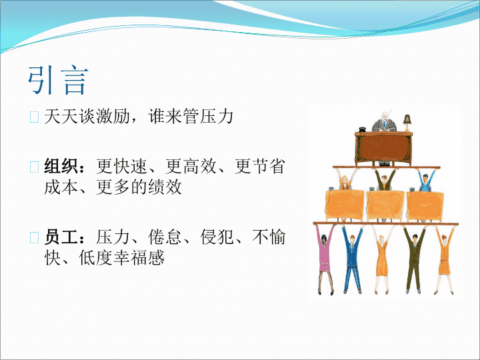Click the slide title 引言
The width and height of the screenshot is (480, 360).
[x=58, y=80]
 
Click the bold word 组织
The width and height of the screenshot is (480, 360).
[x=61, y=166]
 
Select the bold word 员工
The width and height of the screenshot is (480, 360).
[x=61, y=237]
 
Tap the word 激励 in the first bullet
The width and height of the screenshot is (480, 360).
[x=113, y=116]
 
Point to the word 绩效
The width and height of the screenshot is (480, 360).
[x=165, y=187]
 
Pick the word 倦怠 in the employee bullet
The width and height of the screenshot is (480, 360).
[x=165, y=237]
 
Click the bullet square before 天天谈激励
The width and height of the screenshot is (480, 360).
[x=34, y=117]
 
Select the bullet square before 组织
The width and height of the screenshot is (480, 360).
[x=34, y=167]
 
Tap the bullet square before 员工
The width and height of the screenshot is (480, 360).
[x=34, y=237]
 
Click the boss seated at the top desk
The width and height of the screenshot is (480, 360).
[x=384, y=123]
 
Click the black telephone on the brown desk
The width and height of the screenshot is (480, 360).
[x=363, y=129]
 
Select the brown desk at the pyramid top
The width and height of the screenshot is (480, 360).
[x=383, y=148]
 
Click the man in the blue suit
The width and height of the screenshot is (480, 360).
[x=353, y=259]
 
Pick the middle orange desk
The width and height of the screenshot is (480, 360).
[x=385, y=205]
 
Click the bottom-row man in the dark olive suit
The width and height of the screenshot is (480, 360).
[x=414, y=259]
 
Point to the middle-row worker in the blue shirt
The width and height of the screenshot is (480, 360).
[x=426, y=181]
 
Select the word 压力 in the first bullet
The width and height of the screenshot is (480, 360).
[x=217, y=116]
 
